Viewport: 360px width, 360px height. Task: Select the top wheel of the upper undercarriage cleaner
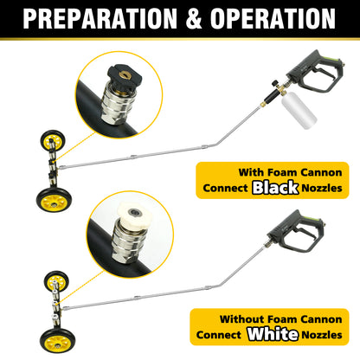48,139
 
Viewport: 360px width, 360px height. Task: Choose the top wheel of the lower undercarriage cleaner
49,281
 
